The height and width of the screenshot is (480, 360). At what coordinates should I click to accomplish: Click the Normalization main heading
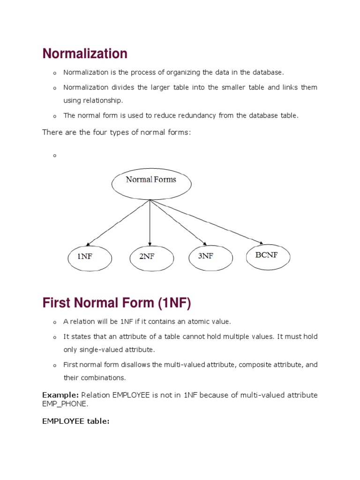(x=85, y=54)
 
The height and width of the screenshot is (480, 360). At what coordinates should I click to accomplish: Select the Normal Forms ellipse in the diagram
(x=151, y=183)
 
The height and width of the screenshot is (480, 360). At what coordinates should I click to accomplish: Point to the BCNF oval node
(x=268, y=255)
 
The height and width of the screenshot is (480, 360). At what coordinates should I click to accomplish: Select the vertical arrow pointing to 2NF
(x=150, y=223)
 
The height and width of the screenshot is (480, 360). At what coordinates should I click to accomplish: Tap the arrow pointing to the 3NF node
(x=178, y=222)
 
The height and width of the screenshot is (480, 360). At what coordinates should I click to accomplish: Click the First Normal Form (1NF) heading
(x=117, y=303)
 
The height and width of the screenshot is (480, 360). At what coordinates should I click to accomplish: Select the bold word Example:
(x=60, y=395)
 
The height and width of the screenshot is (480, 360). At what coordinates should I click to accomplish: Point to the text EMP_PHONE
(x=64, y=404)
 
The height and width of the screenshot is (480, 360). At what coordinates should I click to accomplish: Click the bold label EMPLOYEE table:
(x=75, y=421)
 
